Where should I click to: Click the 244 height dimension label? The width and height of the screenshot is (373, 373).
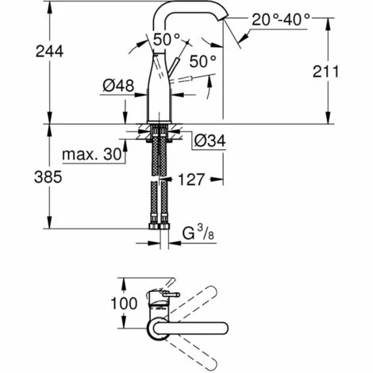49,51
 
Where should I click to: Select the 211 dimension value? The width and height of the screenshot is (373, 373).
325,71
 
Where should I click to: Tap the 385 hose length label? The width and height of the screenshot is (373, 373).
48,177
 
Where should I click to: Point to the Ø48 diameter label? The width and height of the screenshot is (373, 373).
118,86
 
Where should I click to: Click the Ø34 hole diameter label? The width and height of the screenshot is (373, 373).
210,140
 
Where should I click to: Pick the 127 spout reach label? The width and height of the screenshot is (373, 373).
191,179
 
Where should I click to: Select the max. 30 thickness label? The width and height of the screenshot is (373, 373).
92,154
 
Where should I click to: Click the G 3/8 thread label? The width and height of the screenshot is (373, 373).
198,233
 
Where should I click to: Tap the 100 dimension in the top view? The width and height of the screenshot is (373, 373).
124,303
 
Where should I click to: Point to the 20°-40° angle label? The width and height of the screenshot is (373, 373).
281,20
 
